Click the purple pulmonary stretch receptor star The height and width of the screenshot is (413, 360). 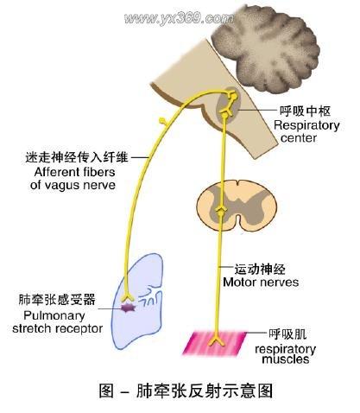pos(128,308)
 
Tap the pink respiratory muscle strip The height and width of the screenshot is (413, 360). pos(215,342)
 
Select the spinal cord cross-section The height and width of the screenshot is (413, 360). pos(237,206)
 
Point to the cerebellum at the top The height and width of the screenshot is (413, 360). pos(266,49)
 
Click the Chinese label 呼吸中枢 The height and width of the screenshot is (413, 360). pos(305,111)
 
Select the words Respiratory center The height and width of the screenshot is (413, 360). pos(306,131)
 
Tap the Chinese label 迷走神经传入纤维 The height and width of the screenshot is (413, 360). pos(77,157)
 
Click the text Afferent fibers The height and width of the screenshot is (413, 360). pos(74,172)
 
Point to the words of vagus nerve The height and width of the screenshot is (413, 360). pos(73,185)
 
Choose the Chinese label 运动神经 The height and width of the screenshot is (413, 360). pos(260,270)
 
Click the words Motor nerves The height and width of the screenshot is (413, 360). pos(261,283)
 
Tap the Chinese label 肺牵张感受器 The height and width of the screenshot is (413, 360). pos(57,300)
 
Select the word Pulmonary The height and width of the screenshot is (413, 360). pos(54,315)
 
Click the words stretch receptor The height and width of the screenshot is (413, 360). pos(57,328)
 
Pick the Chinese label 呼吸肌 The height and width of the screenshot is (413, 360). pos(287,334)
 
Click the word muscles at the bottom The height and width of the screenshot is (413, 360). pos(286,359)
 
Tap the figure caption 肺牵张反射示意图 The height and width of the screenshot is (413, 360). pos(205,391)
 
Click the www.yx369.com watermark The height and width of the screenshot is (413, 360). pos(179,18)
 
